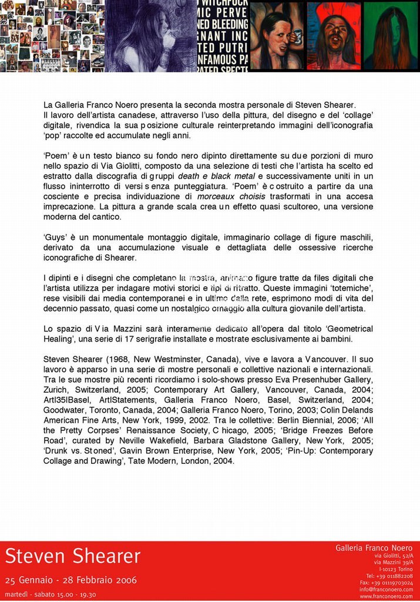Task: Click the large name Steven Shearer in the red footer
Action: (73, 556)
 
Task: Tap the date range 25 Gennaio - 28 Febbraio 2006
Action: (70, 580)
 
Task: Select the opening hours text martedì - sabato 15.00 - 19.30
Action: (51, 594)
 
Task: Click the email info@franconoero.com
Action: (386, 590)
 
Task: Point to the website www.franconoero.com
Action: (386, 596)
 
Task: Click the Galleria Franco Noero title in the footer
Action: (374, 547)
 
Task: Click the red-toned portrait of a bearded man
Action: (334, 36)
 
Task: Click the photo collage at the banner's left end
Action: (52, 36)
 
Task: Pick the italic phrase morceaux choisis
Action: (231, 196)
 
